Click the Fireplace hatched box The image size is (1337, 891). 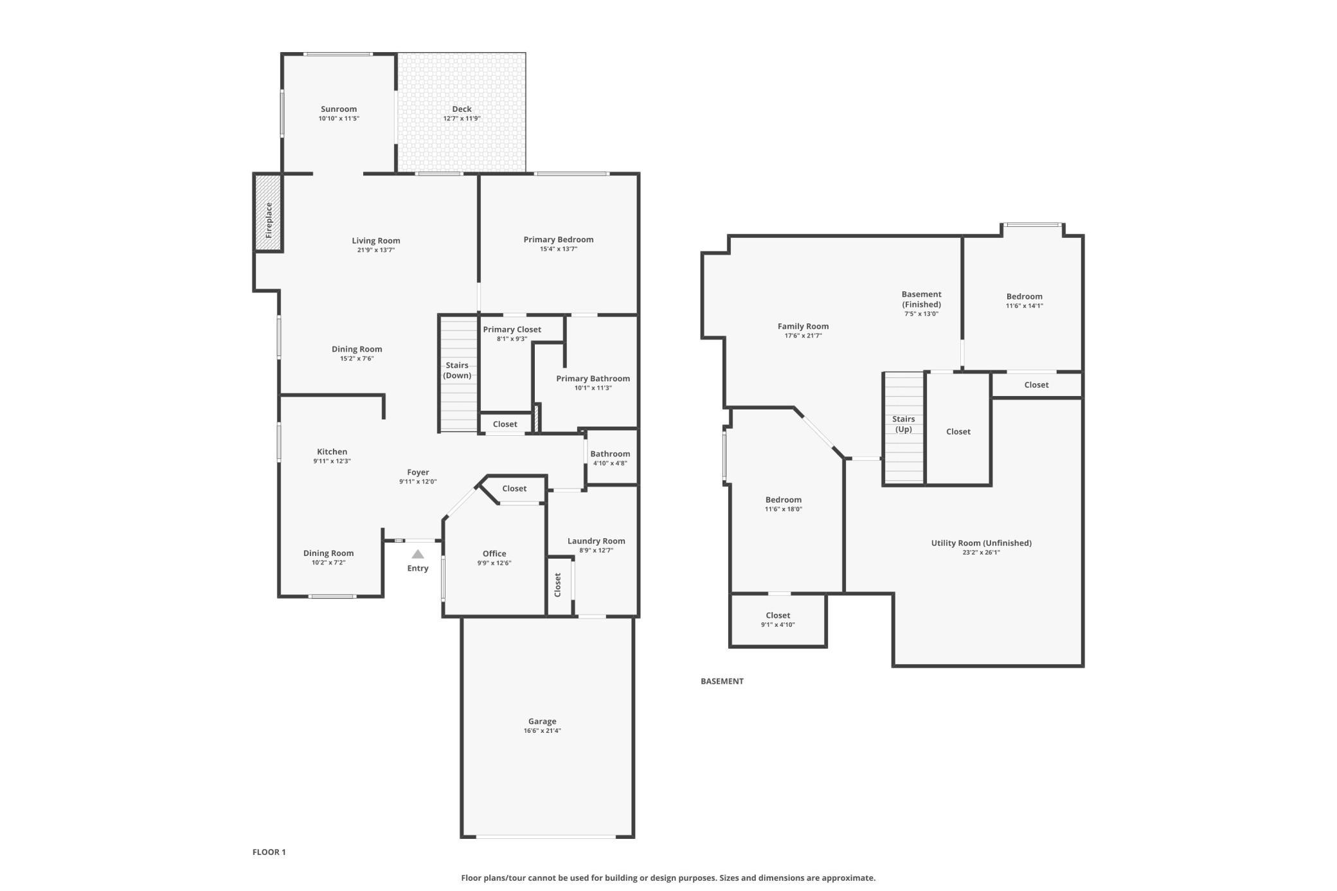(269, 213)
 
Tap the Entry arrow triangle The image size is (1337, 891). (418, 554)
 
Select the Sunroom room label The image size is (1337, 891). (339, 109)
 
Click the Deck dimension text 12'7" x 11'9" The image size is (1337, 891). (462, 119)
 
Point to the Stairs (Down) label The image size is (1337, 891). (457, 370)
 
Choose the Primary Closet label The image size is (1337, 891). (512, 330)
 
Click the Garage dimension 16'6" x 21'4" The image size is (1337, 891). (543, 731)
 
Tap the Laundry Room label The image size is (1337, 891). (597, 541)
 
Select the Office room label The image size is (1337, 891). (494, 553)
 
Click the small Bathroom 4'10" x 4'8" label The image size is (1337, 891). (610, 458)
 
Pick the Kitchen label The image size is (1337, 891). (332, 452)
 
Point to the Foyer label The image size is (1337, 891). (418, 473)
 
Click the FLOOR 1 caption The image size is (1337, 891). (269, 852)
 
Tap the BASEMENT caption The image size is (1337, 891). (722, 681)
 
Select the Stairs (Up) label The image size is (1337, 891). (904, 424)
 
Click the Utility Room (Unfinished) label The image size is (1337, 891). (982, 543)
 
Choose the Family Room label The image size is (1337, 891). (803, 327)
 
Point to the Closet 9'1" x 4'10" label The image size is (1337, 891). (778, 620)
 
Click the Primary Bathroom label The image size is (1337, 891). (593, 379)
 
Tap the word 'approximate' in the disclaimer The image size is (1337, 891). (850, 878)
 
